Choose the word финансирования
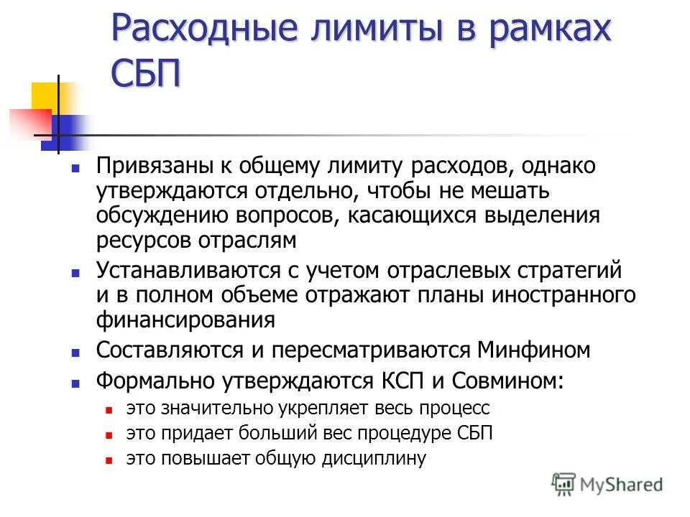(x=185, y=319)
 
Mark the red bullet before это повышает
(x=109, y=458)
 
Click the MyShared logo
(x=608, y=484)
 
